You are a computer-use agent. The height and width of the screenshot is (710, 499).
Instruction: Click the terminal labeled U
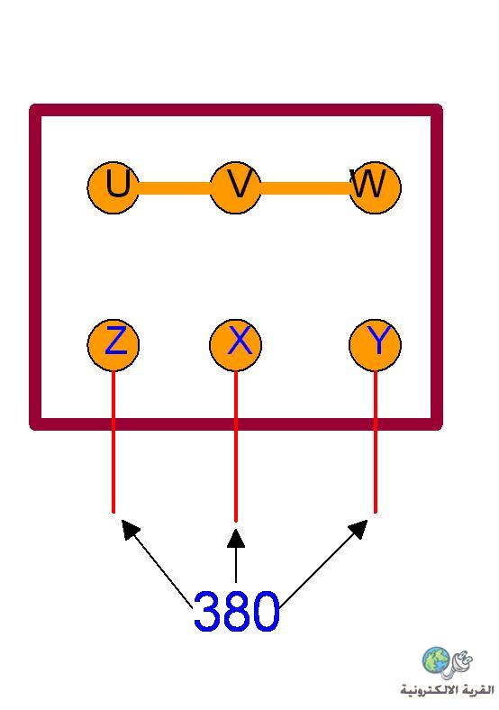click(x=113, y=187)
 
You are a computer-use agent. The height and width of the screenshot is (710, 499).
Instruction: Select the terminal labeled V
click(x=235, y=187)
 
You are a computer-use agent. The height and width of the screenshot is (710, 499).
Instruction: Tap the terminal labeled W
click(x=375, y=187)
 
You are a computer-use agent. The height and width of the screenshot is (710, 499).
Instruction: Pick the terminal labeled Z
click(x=113, y=345)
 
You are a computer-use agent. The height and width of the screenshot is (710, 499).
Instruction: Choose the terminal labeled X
click(x=235, y=345)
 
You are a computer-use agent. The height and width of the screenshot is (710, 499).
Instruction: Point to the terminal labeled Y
click(x=375, y=345)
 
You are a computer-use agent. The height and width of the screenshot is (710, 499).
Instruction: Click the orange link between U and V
click(x=175, y=188)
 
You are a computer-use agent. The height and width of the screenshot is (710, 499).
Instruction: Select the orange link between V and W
click(x=305, y=188)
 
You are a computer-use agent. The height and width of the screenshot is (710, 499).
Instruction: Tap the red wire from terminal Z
click(x=113, y=441)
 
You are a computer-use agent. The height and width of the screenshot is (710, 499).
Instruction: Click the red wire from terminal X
click(x=235, y=446)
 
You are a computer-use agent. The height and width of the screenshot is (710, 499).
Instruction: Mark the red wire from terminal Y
click(x=375, y=441)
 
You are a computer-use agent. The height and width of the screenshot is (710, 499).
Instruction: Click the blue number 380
click(x=236, y=611)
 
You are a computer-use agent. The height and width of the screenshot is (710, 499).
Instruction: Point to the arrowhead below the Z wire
click(x=130, y=528)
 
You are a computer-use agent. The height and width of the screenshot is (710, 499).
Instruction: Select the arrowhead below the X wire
click(x=235, y=538)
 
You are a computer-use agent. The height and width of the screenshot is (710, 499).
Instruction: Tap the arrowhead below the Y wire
click(x=358, y=529)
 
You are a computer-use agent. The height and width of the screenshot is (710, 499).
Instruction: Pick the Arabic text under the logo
click(x=447, y=690)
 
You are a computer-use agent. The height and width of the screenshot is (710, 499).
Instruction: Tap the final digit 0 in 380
click(x=266, y=611)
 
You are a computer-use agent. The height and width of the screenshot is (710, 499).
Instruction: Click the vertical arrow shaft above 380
click(x=235, y=565)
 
